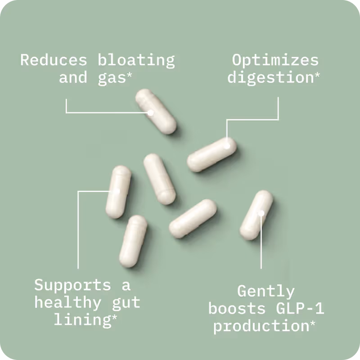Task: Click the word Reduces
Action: click(54, 60)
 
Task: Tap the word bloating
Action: click(136, 61)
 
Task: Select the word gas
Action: click(112, 78)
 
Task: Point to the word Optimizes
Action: click(275, 61)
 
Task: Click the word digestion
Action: click(271, 77)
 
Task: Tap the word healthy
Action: click(68, 303)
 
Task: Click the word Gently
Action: click(266, 292)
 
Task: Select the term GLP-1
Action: click(300, 308)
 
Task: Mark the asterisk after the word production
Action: click(312, 324)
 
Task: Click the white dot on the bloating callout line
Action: click(151, 113)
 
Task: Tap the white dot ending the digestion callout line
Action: click(227, 145)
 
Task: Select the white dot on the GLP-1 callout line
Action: click(261, 213)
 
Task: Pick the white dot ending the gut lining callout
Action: click(117, 191)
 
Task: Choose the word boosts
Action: click(237, 308)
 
